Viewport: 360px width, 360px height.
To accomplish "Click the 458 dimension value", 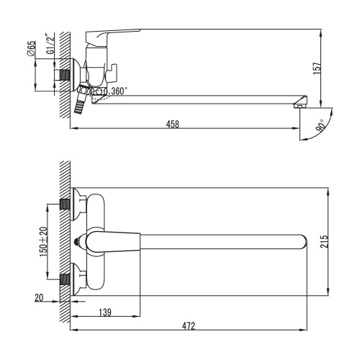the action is pyautogui.click(x=173, y=124).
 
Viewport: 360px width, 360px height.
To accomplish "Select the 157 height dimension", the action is pyautogui.click(x=317, y=68).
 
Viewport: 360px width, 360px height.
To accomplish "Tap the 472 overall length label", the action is pyautogui.click(x=189, y=326).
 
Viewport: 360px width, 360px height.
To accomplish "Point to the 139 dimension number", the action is pyautogui.click(x=105, y=312).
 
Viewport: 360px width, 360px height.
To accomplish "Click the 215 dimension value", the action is pyautogui.click(x=324, y=241).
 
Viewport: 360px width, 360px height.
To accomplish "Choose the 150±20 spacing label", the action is pyautogui.click(x=44, y=242).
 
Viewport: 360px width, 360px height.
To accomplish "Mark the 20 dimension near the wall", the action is pyautogui.click(x=39, y=297).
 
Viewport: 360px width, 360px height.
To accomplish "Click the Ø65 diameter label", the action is pyautogui.click(x=32, y=48).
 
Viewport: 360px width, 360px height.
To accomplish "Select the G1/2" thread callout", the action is pyautogui.click(x=50, y=44).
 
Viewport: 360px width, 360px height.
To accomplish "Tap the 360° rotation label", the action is pyautogui.click(x=120, y=91).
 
